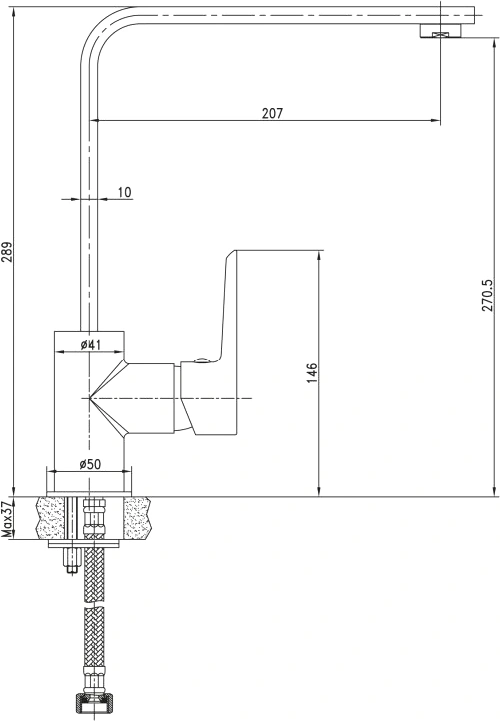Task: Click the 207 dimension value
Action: click(273, 113)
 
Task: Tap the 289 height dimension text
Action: click(7, 251)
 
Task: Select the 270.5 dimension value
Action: click(488, 291)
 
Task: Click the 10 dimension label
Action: click(124, 192)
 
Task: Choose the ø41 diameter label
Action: click(90, 344)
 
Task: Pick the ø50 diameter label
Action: click(90, 464)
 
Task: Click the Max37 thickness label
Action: click(7, 519)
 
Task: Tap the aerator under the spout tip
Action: click(440, 31)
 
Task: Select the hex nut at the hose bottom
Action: click(93, 706)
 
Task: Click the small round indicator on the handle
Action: click(201, 360)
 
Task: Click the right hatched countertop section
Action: click(138, 518)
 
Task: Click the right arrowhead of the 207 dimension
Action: click(436, 121)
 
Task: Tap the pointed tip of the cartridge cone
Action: click(89, 398)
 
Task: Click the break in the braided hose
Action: click(93, 605)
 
